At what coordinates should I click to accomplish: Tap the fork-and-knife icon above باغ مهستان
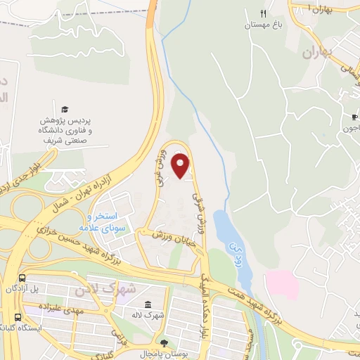pyautogui.click(x=262, y=13)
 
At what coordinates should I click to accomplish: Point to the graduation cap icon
pyautogui.click(x=65, y=110)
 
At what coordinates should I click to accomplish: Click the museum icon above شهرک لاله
pyautogui.click(x=149, y=304)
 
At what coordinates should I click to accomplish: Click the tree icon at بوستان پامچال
pyautogui.click(x=164, y=343)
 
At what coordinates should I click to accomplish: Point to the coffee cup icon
pyautogui.click(x=354, y=117)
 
